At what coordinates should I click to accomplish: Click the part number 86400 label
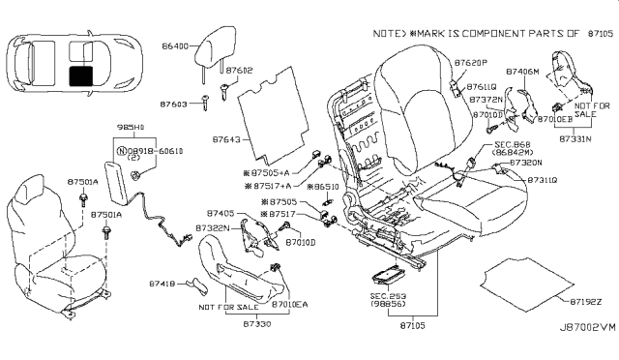coord(177,45)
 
